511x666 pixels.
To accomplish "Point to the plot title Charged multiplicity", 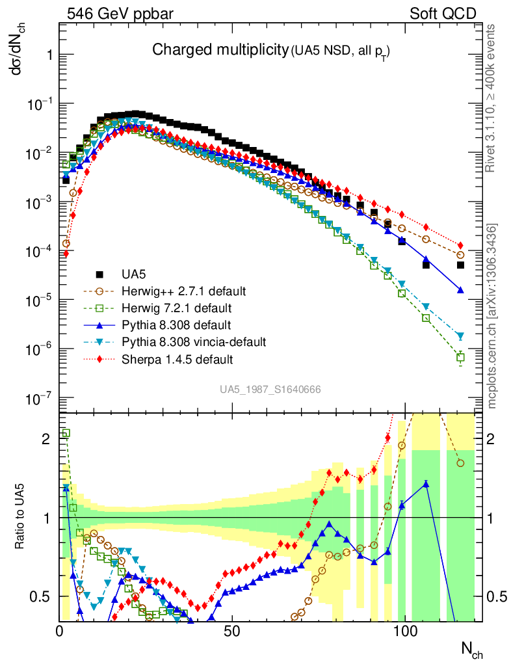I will click(x=220, y=49).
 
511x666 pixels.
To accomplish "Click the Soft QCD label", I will click(x=443, y=14).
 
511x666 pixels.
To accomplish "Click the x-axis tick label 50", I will click(x=232, y=631).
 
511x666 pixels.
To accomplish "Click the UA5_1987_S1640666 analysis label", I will click(x=269, y=389).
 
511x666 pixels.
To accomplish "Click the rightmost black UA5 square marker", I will click(x=460, y=265).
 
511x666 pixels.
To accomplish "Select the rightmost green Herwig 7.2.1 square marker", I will click(x=460, y=357).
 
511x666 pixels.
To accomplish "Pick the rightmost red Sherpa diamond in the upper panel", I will click(x=460, y=245).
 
